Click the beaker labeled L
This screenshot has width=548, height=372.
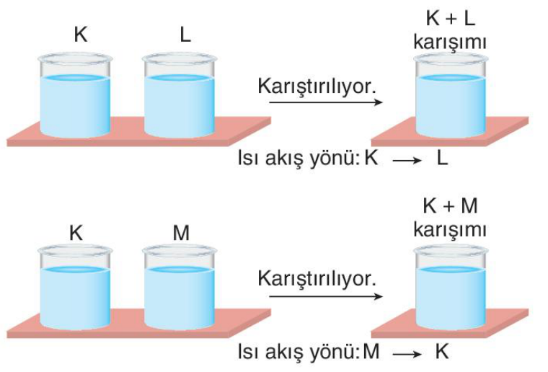180,95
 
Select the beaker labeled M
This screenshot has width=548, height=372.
180,287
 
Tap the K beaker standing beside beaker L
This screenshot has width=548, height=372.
75,95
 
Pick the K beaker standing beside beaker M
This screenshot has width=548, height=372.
75,287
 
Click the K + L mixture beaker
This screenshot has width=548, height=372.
451,95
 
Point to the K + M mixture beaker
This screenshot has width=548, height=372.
451,287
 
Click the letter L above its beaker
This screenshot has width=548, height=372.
185,35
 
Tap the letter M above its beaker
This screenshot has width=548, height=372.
181,233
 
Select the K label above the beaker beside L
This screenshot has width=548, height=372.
81,35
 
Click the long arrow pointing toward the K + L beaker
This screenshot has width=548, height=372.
326,102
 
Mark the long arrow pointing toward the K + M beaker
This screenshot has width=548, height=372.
326,296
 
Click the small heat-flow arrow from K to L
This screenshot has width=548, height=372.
407,160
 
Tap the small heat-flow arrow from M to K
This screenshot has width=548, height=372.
407,354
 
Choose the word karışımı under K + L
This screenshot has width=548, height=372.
450,43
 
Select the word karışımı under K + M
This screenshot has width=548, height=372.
450,230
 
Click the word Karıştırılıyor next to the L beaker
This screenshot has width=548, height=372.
317,86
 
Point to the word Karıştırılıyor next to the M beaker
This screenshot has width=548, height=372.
317,279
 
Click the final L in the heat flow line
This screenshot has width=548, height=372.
442,158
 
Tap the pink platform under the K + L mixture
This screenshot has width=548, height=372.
450,132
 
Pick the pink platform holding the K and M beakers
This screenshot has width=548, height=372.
138,324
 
